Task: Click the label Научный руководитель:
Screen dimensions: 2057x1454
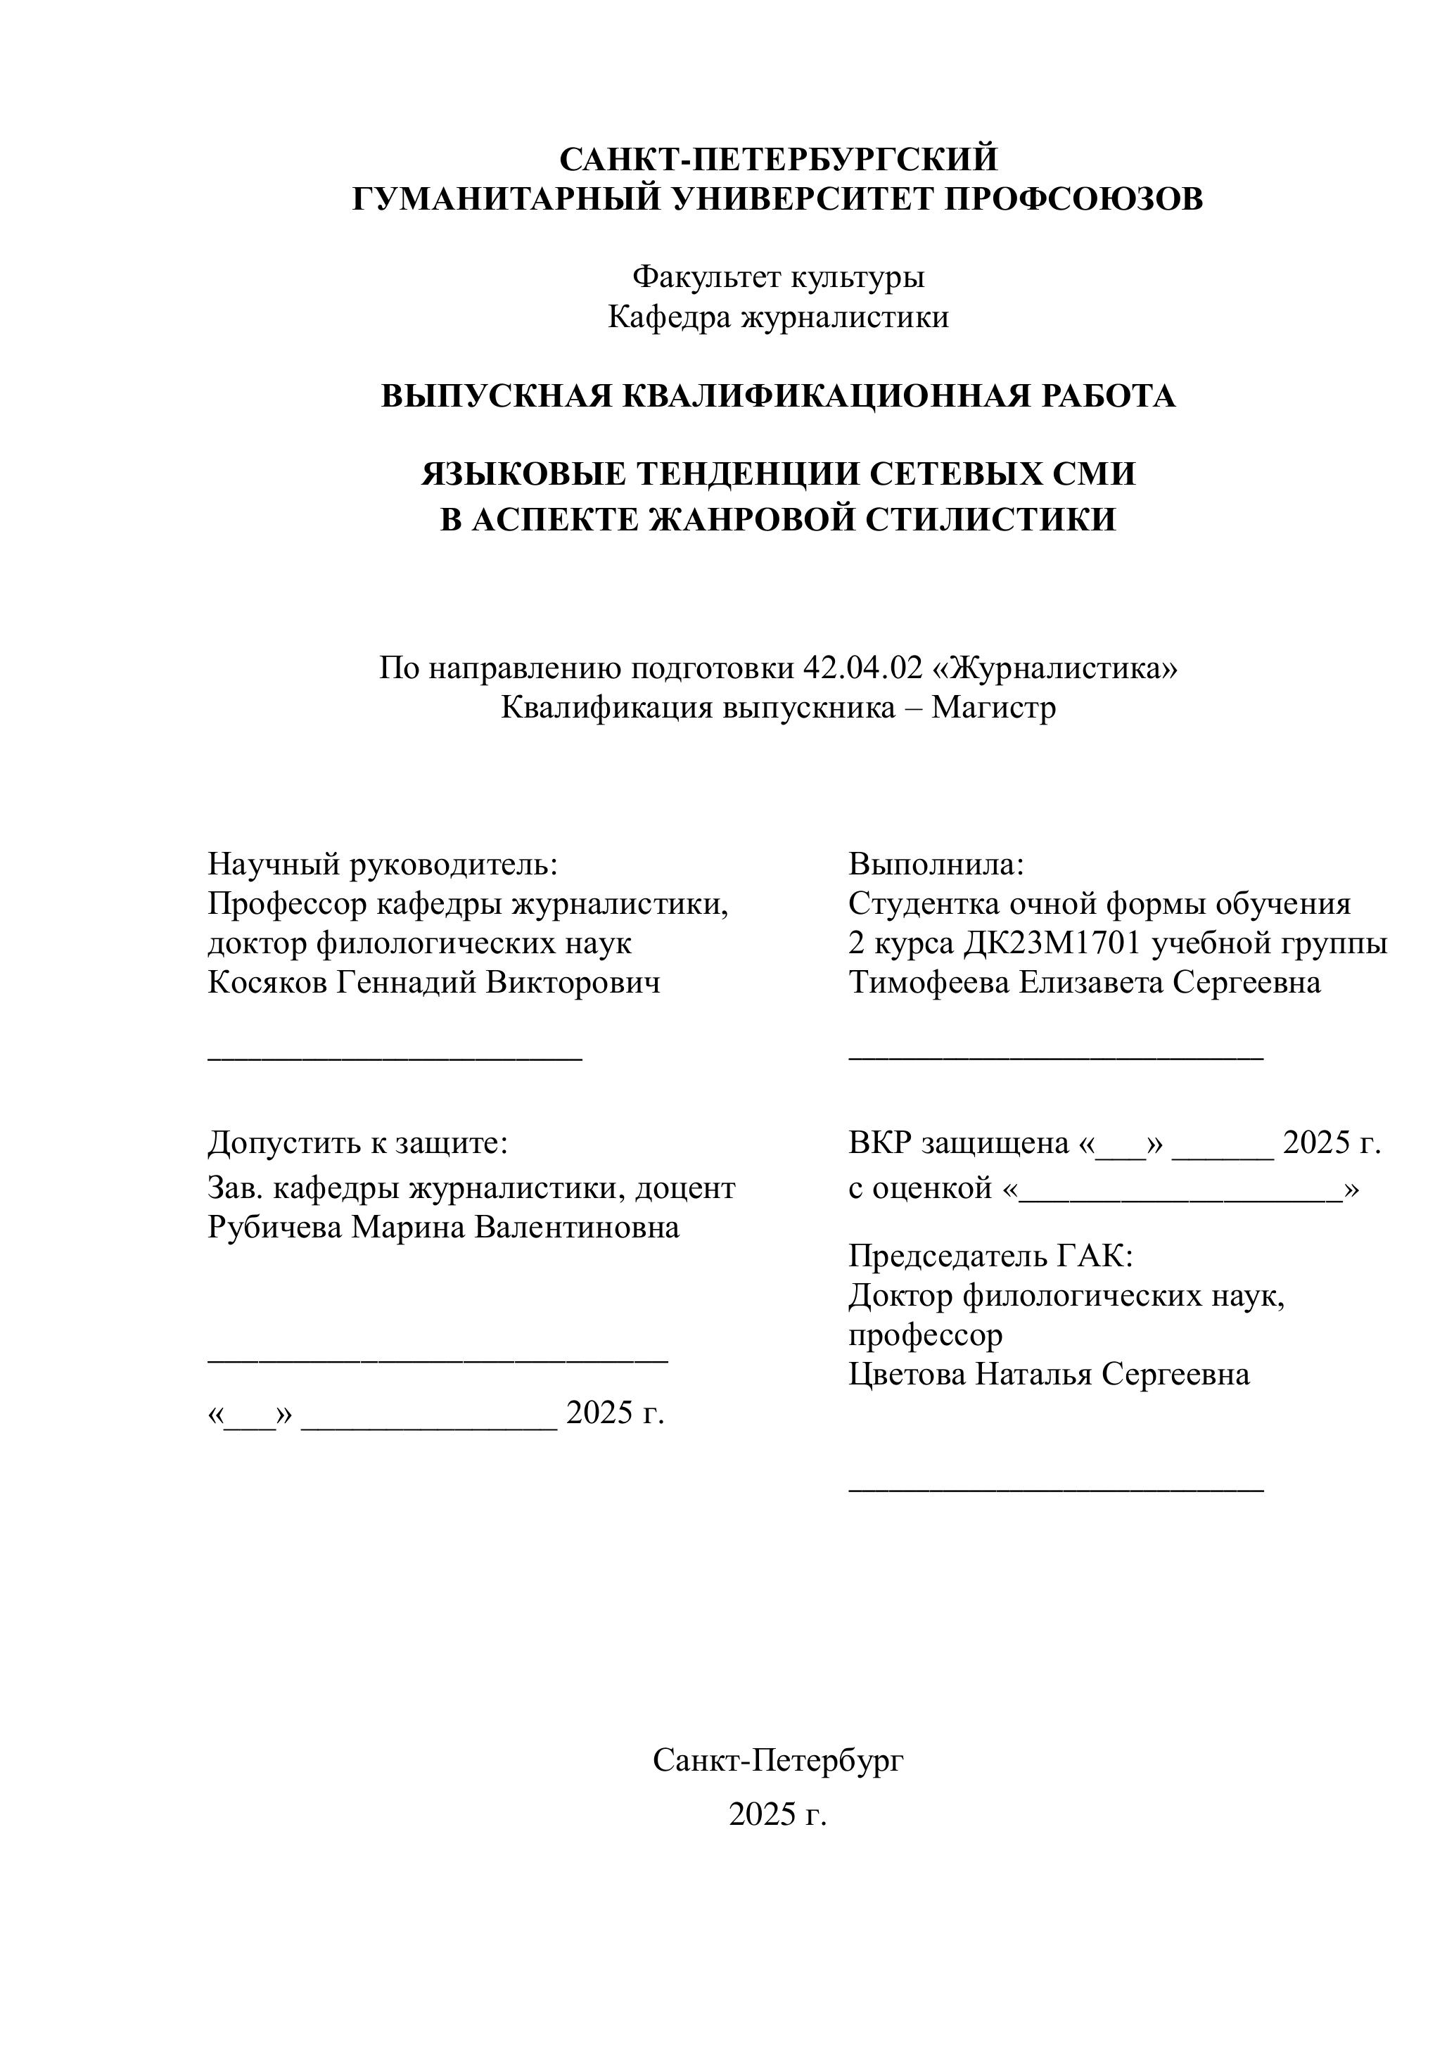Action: [383, 864]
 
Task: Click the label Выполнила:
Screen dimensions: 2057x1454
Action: [936, 864]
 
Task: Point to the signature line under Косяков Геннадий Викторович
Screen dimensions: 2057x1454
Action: [395, 1060]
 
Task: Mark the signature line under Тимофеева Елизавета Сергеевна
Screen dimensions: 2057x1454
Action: [1055, 1060]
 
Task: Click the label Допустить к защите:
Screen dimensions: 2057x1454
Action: [357, 1142]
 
